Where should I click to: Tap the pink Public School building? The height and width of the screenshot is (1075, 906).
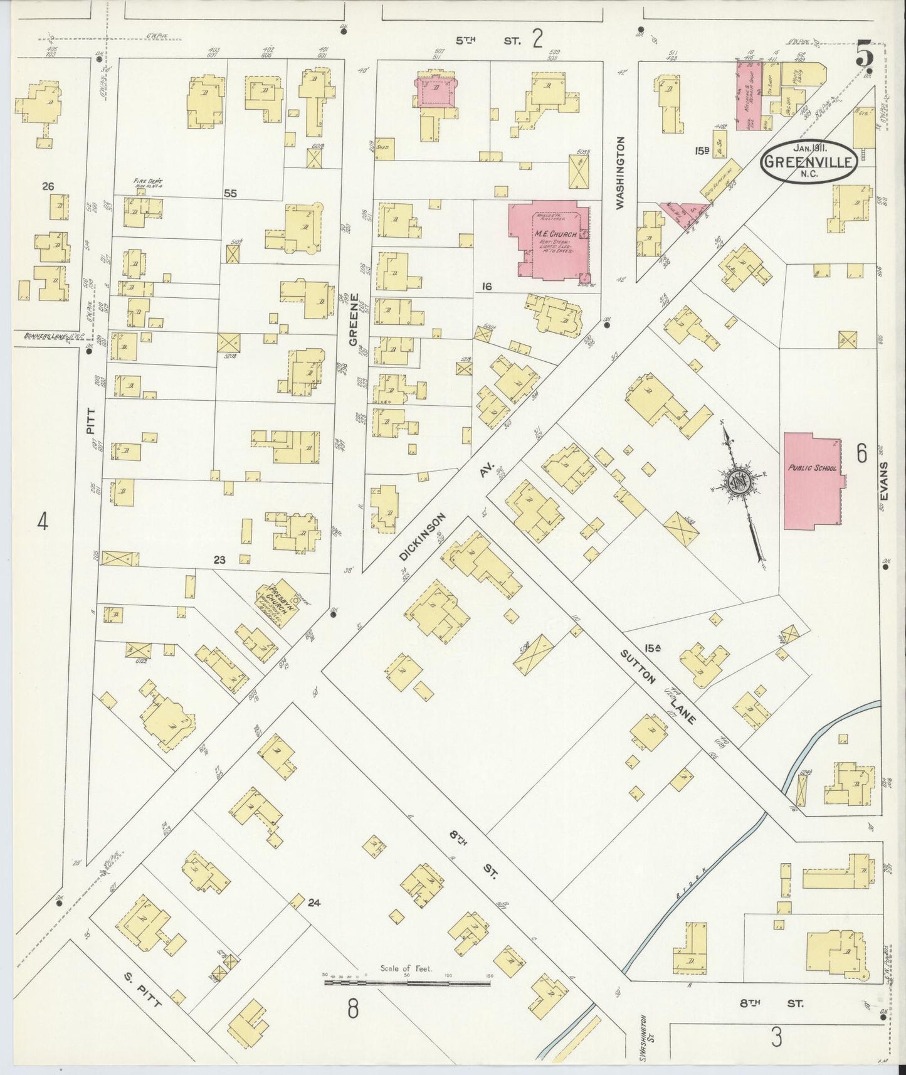tap(813, 480)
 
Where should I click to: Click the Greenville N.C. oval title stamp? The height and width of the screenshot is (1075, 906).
tap(808, 161)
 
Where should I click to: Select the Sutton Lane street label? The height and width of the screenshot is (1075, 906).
tap(658, 687)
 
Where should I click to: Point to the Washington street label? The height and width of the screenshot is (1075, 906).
tap(621, 172)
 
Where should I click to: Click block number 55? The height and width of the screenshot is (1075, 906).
tap(230, 194)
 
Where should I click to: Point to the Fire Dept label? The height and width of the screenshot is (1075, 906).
tap(145, 183)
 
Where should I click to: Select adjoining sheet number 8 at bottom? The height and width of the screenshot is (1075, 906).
tap(353, 1009)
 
